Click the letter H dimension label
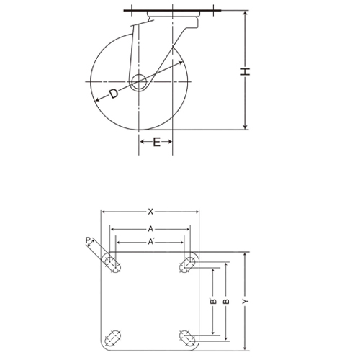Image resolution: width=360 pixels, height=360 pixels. pos(246,71)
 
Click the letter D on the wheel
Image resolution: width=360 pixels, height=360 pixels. pos(114,94)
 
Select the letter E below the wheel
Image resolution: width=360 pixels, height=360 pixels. pos(156,143)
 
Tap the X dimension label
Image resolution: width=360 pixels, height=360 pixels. pos(150,212)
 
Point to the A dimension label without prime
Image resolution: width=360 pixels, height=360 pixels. pos(150,229)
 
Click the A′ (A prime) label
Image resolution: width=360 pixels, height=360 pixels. pos(150,243)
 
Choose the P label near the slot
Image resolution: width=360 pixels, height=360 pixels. pos(88,240)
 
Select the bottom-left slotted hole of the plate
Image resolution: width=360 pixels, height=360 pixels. pos(112,336)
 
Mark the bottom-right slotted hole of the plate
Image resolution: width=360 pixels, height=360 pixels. pos(189,336)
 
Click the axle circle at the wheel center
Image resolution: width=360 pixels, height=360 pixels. pos(140,81)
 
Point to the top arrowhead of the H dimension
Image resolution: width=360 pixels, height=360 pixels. pos(246,14)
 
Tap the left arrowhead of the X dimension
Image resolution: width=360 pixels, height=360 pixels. pos(104,212)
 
